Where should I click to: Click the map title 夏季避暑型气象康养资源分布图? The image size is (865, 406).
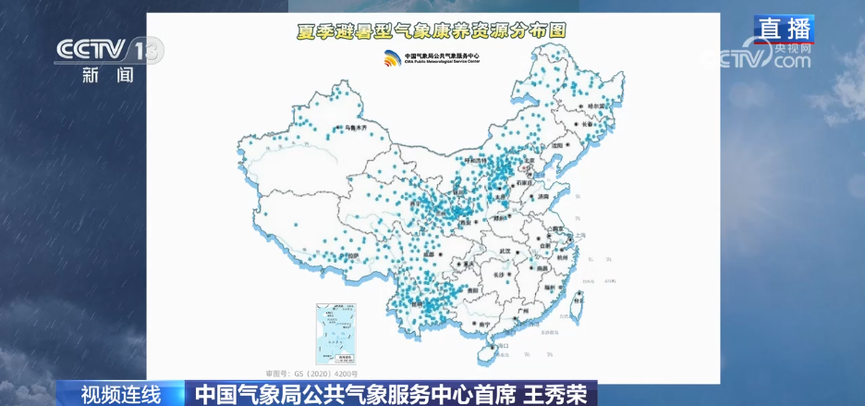(x=431, y=31)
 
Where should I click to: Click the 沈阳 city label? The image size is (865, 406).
(x=556, y=145)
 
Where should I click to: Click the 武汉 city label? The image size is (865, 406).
(x=505, y=251)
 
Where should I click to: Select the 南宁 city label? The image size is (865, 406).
(x=481, y=325)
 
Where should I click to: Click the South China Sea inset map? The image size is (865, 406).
(x=336, y=333)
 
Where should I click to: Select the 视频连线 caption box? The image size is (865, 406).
(x=121, y=394)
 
